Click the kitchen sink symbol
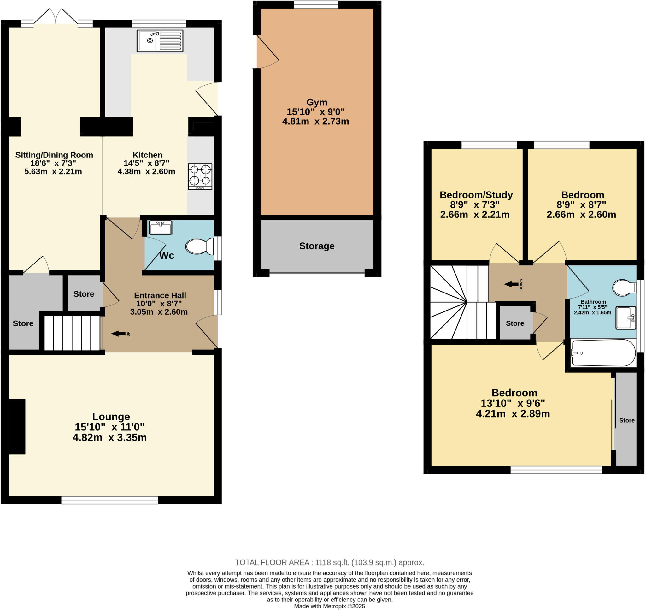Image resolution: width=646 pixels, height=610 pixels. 160,41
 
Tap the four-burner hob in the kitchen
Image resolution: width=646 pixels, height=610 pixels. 200,176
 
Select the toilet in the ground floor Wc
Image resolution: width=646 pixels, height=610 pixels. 199,246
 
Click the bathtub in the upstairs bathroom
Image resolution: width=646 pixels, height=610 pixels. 603,353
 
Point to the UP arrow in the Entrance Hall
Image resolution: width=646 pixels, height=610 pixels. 119,334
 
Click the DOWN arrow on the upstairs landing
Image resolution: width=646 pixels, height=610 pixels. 512,285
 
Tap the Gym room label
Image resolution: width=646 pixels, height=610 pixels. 317,103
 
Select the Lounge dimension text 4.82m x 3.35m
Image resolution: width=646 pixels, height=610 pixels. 110,438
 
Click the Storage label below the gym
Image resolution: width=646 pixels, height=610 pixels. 317,246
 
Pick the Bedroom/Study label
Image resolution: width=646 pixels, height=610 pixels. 476,195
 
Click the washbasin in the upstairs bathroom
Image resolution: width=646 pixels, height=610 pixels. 625,318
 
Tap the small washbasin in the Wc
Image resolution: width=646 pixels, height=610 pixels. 161,228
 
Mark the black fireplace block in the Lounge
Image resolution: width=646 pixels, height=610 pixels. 17,427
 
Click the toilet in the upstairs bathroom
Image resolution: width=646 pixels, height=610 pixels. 624,288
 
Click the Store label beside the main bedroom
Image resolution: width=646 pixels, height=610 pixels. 627,420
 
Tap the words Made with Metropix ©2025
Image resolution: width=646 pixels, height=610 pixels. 330,607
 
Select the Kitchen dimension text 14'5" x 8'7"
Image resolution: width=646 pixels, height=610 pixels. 146,163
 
